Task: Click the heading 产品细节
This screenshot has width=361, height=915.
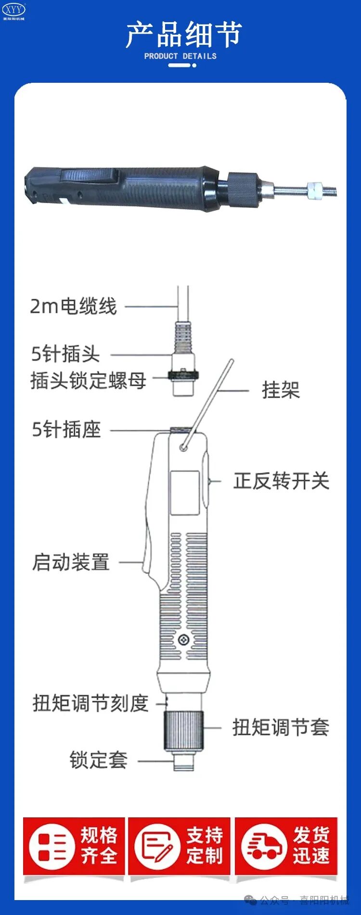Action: (183, 35)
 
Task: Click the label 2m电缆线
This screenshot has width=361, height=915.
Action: (73, 306)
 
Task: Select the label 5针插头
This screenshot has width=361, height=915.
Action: (65, 354)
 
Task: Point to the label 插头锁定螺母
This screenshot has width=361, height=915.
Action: (88, 380)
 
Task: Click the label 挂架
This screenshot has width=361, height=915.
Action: (281, 390)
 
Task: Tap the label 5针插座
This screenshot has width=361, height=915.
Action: (66, 429)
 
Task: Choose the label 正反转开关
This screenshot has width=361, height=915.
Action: (282, 481)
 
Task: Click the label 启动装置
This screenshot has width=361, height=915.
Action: (71, 562)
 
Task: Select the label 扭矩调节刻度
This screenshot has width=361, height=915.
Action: (90, 703)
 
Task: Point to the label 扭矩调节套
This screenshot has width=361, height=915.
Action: (281, 727)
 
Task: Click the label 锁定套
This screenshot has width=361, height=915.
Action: (98, 760)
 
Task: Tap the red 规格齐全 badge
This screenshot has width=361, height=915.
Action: (74, 846)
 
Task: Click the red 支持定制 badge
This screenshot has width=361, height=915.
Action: (179, 846)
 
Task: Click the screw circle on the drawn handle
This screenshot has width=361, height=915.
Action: (183, 640)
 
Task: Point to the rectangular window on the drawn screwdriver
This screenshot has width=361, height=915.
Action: (184, 493)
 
